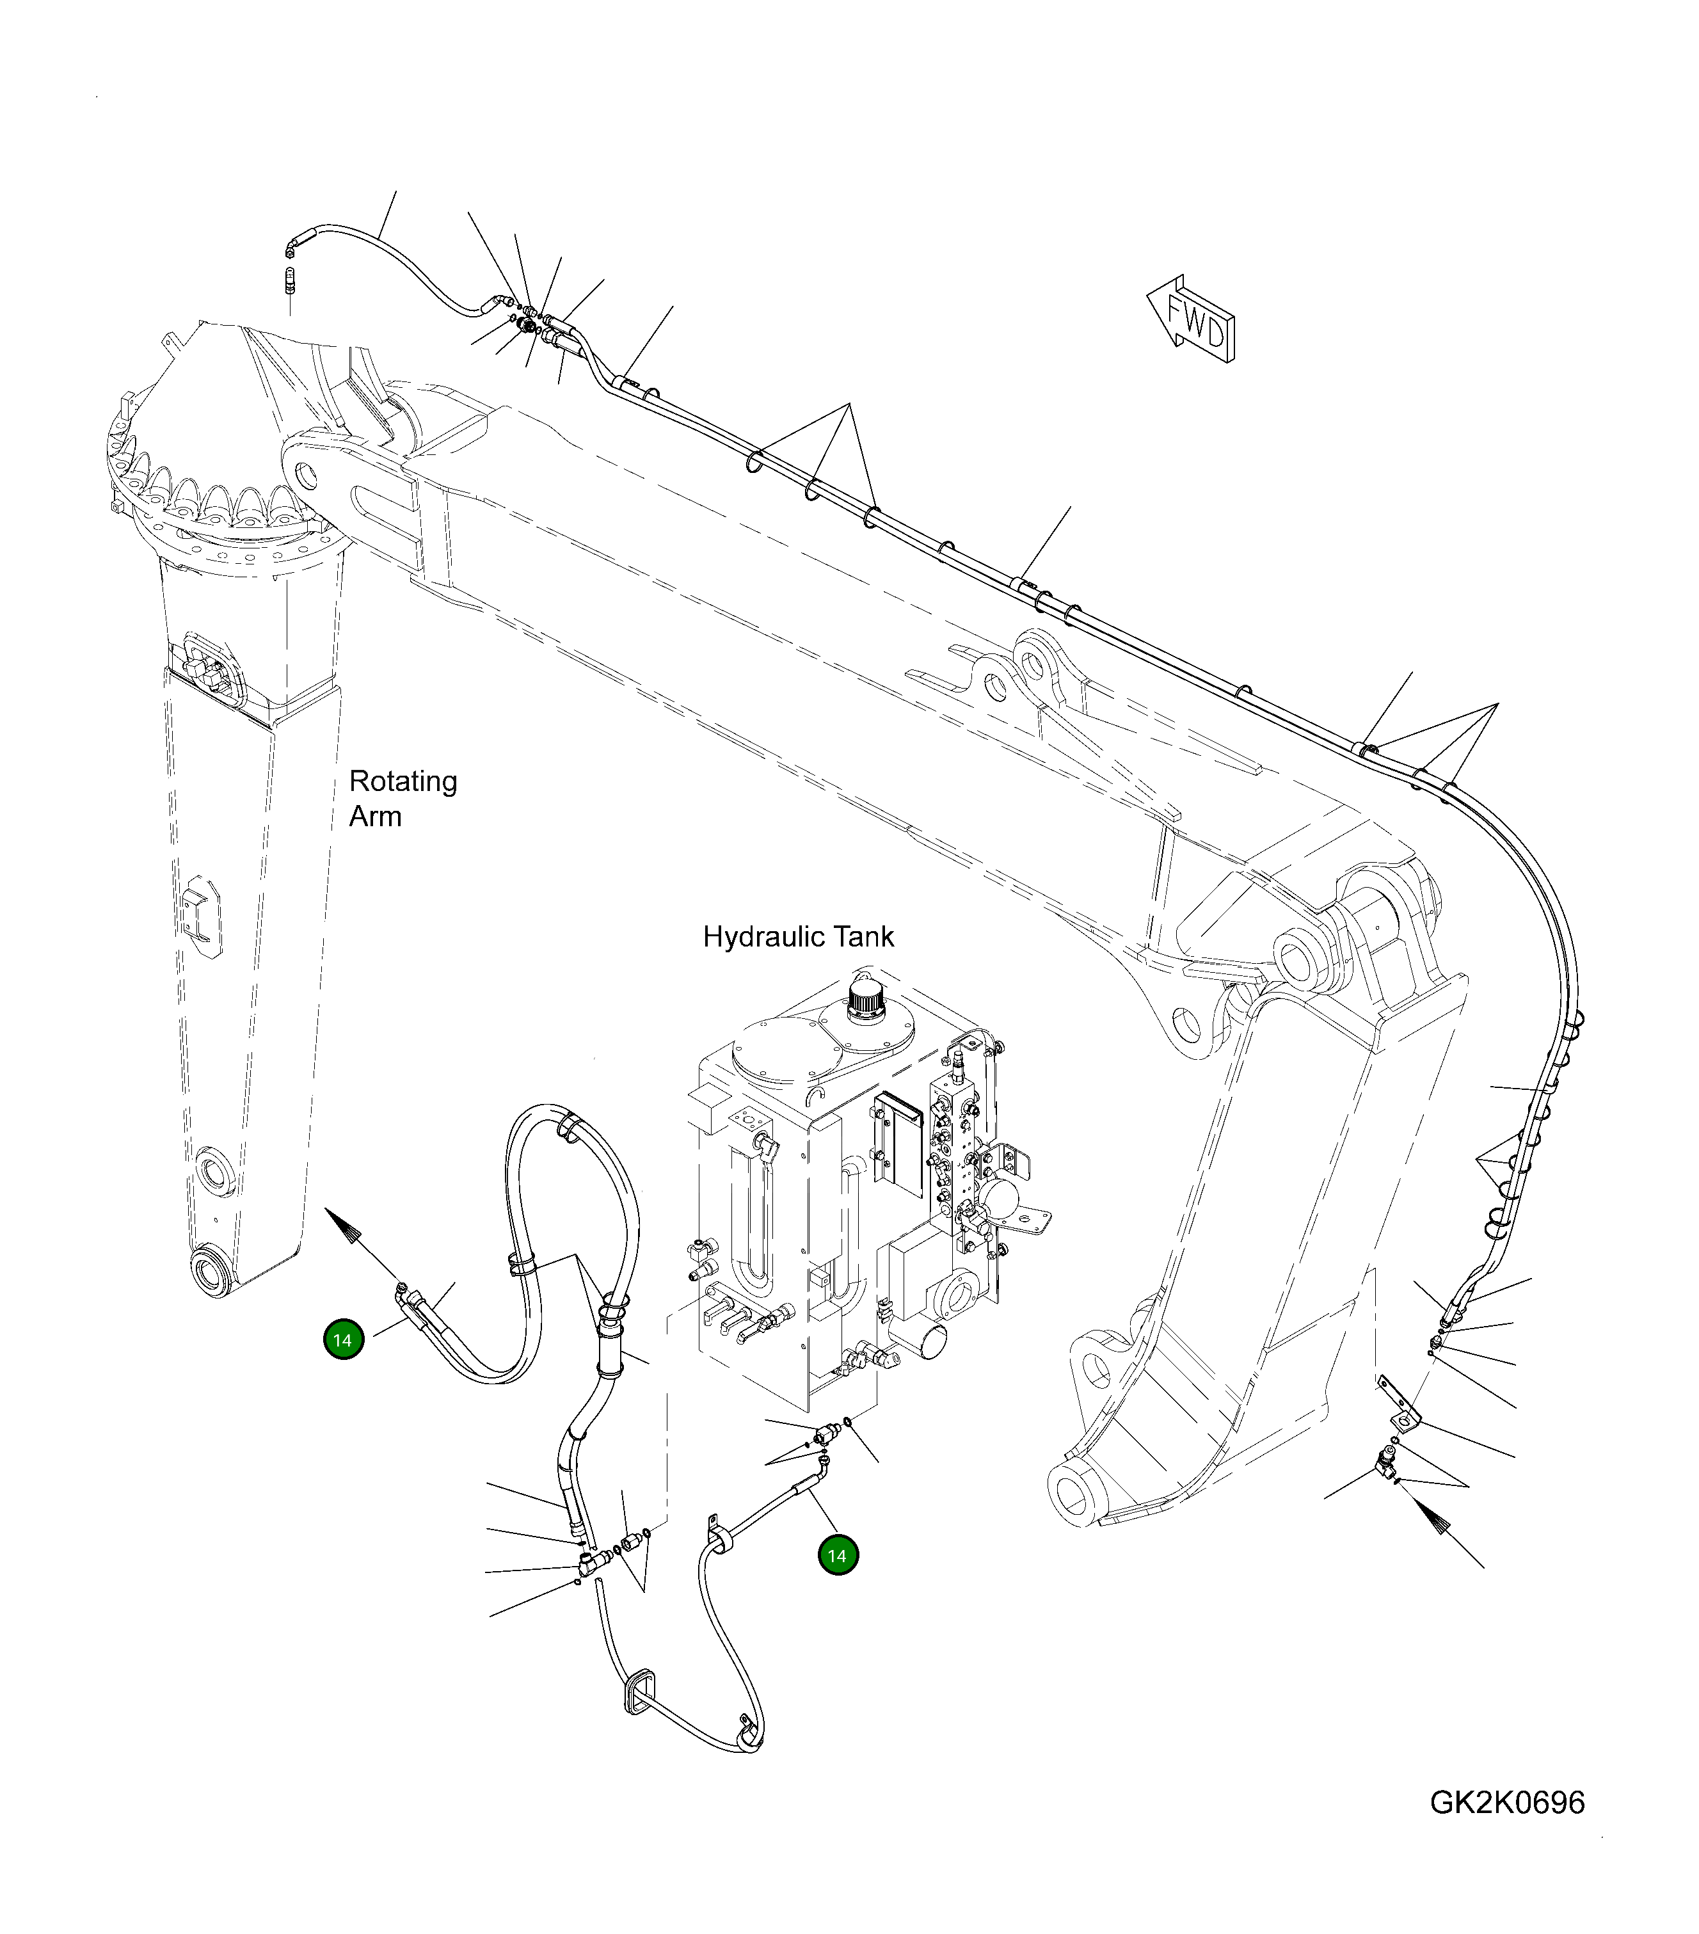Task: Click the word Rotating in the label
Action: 403,781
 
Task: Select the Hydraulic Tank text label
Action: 797,938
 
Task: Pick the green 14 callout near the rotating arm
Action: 344,1341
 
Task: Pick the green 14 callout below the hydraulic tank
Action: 837,1556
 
